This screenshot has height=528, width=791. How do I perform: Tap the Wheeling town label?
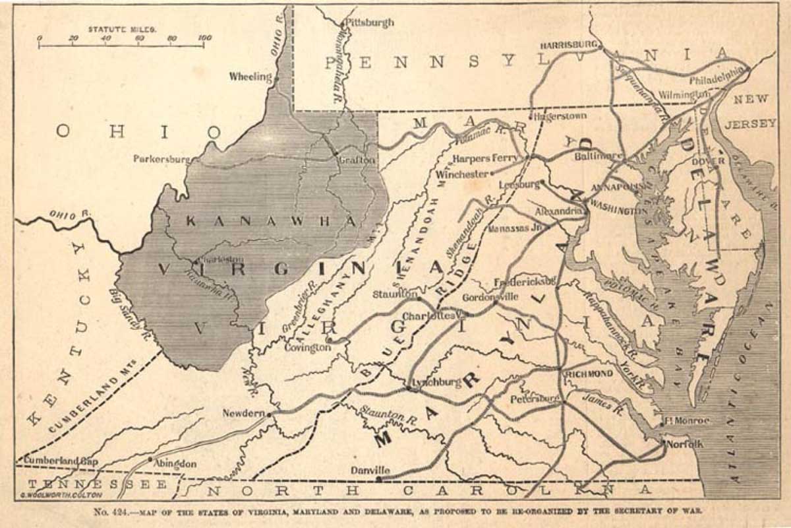tap(250, 77)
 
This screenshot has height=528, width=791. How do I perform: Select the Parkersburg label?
tap(161, 158)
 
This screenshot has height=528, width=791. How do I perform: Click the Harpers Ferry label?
tap(487, 158)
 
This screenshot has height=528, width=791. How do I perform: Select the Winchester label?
tap(463, 174)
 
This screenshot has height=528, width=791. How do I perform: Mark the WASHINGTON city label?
tap(619, 211)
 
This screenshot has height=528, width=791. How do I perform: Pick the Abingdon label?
tap(175, 463)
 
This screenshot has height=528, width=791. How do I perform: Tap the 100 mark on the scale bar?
tap(204, 38)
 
